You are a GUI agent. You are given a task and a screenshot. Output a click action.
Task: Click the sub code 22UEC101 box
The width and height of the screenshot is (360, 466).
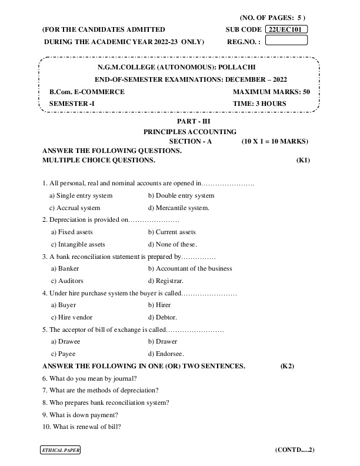coord(287,29)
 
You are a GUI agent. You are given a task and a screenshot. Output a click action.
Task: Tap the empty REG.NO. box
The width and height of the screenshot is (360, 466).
coord(287,41)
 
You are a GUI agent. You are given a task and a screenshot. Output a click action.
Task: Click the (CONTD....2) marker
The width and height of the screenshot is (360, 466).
coord(295,450)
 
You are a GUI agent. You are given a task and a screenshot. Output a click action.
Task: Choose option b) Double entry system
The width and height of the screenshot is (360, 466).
coord(181,195)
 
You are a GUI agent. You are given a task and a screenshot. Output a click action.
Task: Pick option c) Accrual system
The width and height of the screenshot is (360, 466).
coord(75,208)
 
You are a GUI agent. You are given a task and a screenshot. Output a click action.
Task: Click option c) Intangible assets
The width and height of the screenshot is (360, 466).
coord(78,244)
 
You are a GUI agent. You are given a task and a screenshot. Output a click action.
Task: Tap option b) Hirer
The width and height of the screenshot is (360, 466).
coord(159,305)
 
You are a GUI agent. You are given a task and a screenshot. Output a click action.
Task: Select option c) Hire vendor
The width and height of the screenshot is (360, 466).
coord(74,317)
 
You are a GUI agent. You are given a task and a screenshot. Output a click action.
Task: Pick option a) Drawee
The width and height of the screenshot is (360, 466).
coord(66,341)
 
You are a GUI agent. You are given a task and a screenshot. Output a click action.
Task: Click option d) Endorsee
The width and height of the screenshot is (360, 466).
coord(166,354)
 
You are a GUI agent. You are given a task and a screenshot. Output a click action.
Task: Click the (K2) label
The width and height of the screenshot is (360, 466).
coord(287,366)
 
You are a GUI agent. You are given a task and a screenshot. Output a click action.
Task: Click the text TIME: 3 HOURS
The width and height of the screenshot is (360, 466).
coord(259,103)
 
